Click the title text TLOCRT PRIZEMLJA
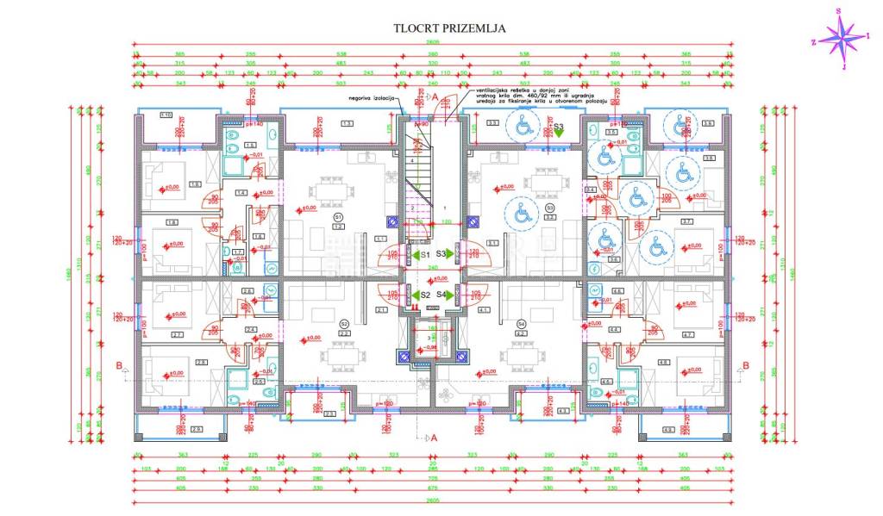pos(449,28)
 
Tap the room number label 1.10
pos(166,115)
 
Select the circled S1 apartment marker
pos(338,217)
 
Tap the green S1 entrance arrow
pos(415,255)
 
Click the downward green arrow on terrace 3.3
pos(559,134)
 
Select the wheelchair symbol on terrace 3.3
pos(523,127)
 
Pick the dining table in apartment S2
pos(335,355)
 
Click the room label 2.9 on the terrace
pos(197,429)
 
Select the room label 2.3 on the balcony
pos(330,413)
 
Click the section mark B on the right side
pos(745,364)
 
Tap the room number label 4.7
pos(688,334)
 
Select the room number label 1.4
pos(241,192)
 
